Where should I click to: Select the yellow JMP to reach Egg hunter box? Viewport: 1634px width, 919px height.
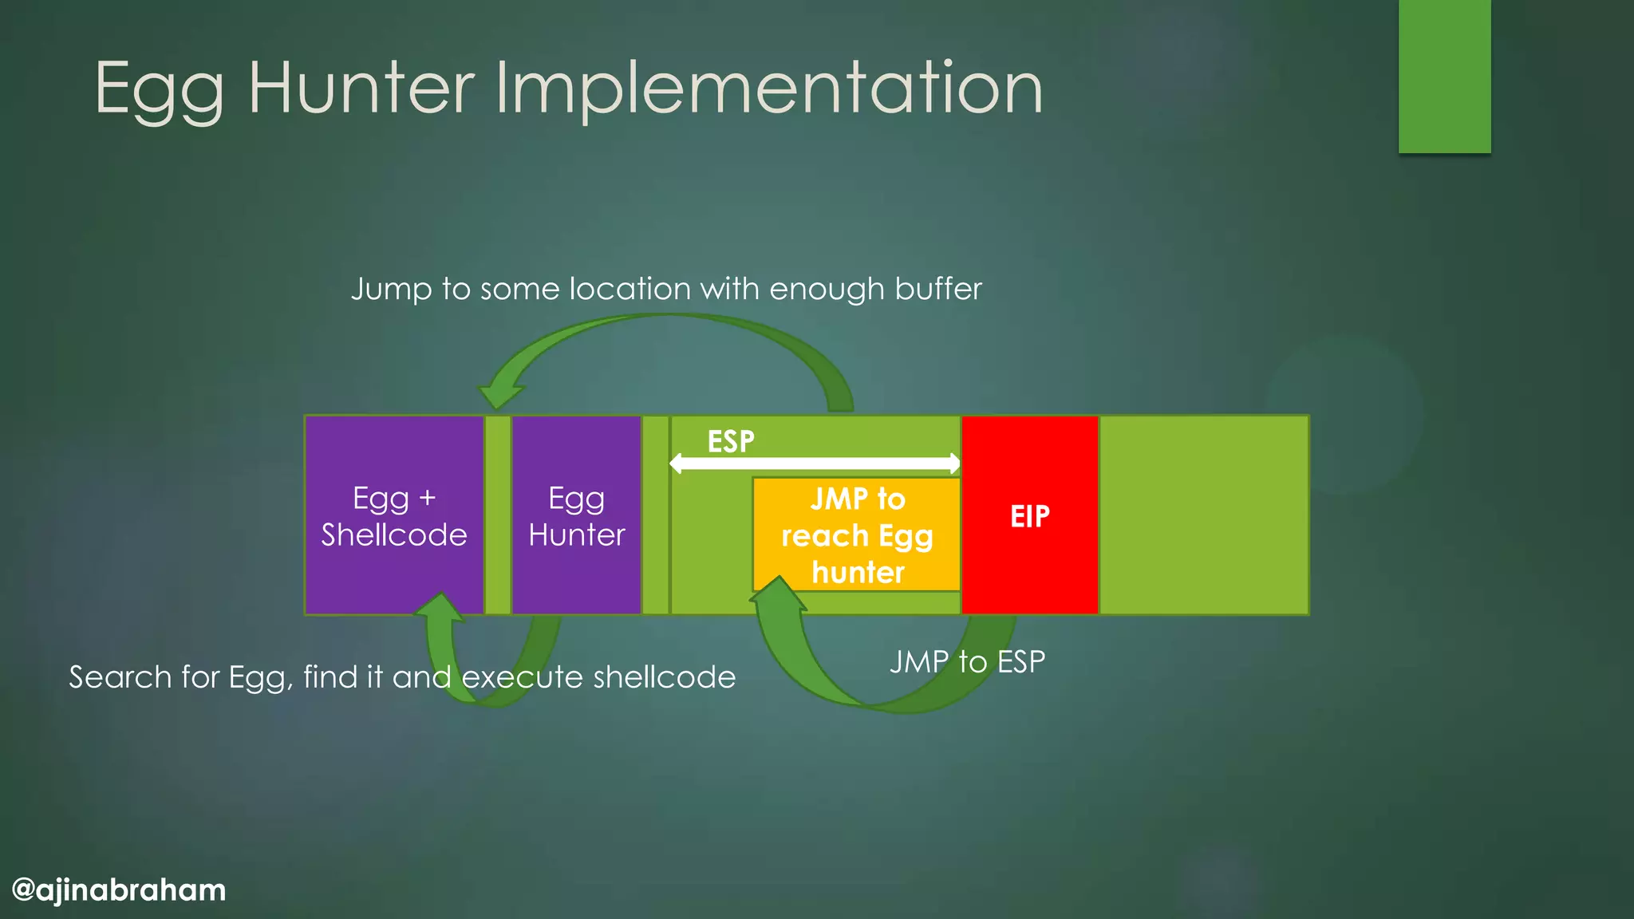[857, 534]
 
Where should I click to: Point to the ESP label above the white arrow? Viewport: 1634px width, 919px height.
[730, 441]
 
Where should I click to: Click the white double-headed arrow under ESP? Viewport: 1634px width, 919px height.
[814, 463]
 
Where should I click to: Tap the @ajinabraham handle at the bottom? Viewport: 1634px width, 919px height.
[119, 889]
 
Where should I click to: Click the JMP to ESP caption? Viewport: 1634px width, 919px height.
[967, 661]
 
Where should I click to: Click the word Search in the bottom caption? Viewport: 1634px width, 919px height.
[120, 677]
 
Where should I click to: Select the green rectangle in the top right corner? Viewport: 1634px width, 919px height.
[1444, 76]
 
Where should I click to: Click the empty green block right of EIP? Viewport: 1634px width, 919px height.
[1204, 515]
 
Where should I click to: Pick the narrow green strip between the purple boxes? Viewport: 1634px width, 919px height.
[498, 515]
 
